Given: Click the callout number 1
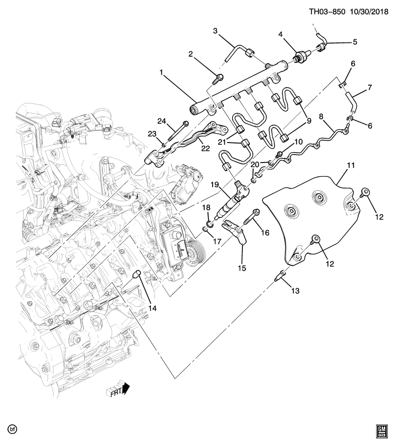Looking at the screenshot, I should (161, 73).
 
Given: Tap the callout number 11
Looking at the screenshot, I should (350, 165).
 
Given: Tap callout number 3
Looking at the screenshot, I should (215, 31).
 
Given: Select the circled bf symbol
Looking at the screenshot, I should (11, 428).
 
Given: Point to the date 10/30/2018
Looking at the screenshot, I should (370, 10).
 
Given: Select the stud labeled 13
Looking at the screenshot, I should (280, 275).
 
